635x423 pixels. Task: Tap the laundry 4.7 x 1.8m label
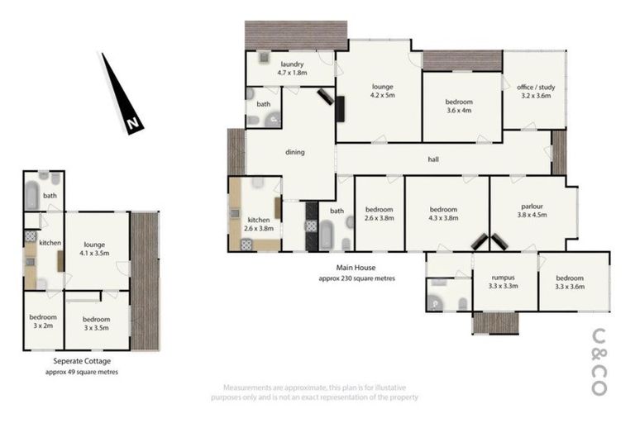293,69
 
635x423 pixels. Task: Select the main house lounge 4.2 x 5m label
382,91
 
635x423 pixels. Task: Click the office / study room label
534,92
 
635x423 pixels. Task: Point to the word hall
432,159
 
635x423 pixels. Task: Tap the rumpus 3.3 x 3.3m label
504,282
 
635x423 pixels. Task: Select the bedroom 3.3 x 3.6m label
574,282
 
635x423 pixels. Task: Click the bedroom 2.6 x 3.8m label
379,214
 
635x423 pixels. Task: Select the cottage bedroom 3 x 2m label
42,322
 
